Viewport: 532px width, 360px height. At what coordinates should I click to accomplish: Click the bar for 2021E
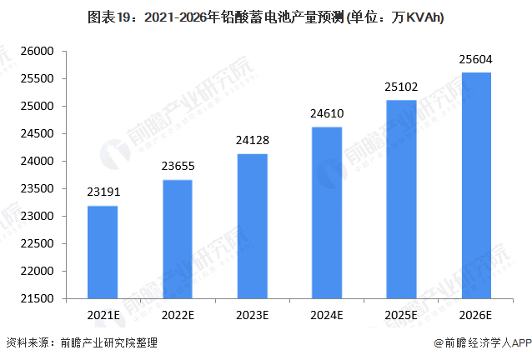103,252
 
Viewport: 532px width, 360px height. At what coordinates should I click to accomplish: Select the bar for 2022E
177,239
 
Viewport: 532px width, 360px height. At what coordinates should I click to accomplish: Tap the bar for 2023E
252,226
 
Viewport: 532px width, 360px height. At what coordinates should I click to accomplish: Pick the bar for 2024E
326,212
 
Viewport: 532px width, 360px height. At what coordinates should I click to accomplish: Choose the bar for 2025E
401,199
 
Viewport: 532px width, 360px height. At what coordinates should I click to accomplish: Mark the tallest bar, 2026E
475,185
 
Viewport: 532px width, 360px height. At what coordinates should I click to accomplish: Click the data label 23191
103,192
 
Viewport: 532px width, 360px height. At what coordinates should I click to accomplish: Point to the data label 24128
252,139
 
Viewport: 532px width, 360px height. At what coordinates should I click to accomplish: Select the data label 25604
475,58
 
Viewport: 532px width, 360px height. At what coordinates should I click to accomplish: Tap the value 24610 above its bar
326,113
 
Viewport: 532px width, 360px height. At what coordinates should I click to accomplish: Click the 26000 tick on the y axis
37,52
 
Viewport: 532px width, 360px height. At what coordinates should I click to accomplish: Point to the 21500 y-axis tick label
37,298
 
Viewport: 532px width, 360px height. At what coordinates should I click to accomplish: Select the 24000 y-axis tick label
37,162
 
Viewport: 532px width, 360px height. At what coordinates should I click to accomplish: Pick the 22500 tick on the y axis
37,244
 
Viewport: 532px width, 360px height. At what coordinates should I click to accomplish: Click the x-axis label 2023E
252,315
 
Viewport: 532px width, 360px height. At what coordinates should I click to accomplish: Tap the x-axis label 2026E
475,315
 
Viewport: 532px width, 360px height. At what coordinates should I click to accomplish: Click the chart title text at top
265,17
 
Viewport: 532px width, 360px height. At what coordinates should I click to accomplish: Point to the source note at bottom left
82,342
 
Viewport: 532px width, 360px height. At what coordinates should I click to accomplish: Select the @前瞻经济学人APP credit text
482,342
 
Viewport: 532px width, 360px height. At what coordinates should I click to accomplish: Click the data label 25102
401,87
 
